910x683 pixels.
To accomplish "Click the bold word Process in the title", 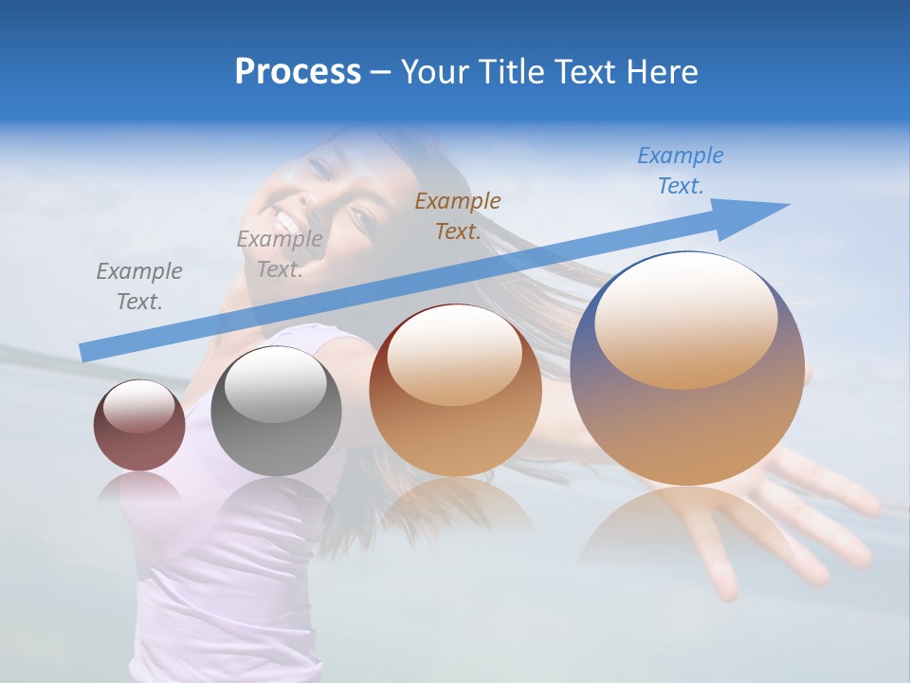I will point(298,72).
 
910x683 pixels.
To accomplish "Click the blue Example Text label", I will point(681,171).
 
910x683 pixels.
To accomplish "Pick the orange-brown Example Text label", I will point(458,215).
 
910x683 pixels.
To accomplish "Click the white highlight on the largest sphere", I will point(685,322).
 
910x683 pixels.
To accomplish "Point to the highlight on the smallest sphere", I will point(139,406).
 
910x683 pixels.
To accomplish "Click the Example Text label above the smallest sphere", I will point(139,286).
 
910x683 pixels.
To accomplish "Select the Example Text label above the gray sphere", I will point(280,254).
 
